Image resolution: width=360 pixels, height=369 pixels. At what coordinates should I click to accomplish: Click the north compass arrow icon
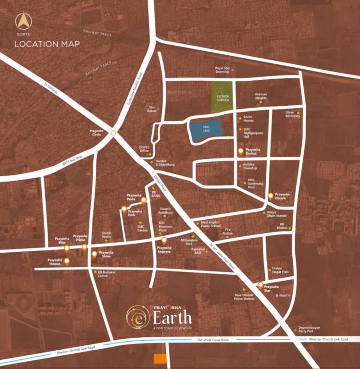[x=21, y=22]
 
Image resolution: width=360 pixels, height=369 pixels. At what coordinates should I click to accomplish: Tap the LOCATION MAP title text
[x=47, y=44]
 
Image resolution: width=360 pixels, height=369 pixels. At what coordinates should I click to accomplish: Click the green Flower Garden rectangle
[x=222, y=98]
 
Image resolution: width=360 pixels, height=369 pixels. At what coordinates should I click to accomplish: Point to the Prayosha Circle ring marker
[x=113, y=133]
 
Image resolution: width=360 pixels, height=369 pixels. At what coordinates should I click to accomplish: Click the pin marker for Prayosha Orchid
[x=241, y=151]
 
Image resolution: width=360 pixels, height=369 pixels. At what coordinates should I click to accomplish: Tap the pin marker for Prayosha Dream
[x=271, y=196]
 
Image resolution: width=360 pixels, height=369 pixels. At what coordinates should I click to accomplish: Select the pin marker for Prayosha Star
[x=261, y=286]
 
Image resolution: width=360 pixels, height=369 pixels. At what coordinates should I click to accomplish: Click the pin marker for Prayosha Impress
[x=164, y=240]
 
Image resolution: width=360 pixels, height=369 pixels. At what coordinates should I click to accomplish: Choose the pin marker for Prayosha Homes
[x=66, y=261]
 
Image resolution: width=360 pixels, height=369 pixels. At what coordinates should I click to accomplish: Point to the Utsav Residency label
[x=292, y=114]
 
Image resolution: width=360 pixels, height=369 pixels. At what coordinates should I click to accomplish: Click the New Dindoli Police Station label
[x=244, y=297]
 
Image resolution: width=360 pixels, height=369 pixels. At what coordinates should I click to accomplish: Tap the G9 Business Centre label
[x=106, y=274]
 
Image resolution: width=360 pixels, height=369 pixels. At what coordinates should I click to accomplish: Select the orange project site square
[x=157, y=358]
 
